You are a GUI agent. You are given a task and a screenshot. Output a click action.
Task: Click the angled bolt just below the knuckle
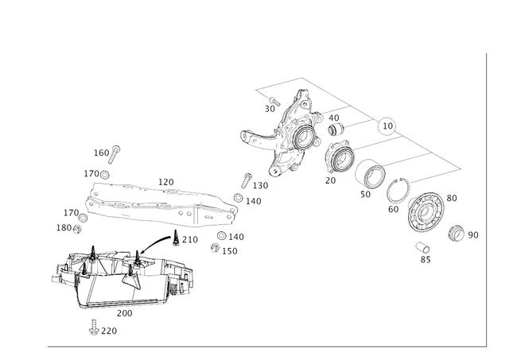[x=246, y=180]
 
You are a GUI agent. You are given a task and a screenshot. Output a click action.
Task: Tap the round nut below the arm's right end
[x=217, y=246]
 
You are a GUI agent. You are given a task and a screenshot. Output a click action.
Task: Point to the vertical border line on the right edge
[x=484, y=199]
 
